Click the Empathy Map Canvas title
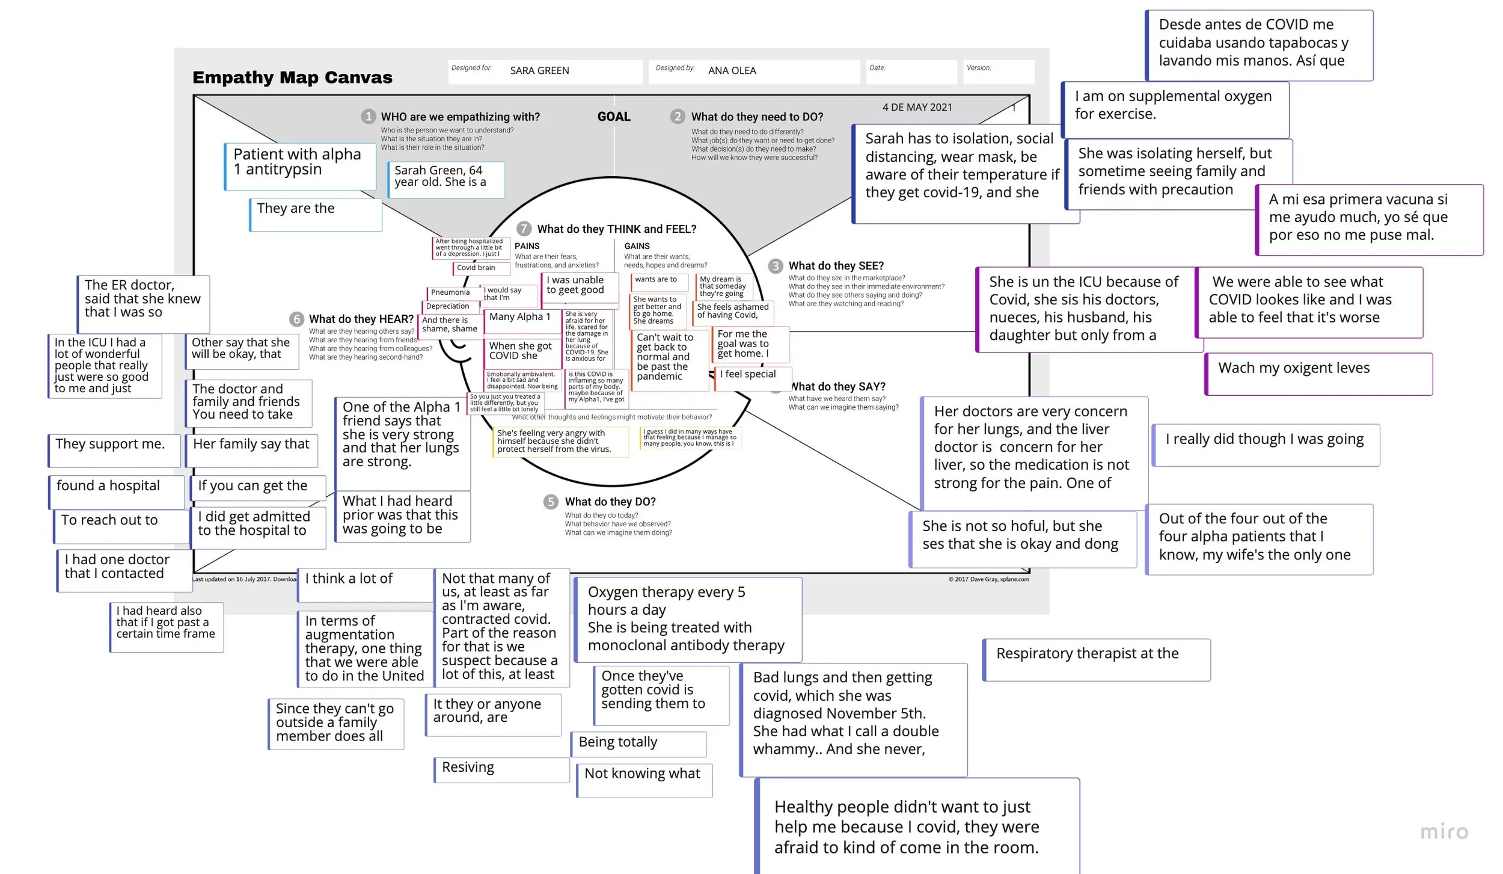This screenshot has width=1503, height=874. [x=292, y=78]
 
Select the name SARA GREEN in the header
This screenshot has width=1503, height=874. [x=539, y=70]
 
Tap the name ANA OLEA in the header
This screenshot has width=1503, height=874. [x=732, y=70]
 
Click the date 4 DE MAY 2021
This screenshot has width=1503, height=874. [x=917, y=107]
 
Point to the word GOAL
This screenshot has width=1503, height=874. [x=614, y=117]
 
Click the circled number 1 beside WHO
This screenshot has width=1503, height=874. [x=369, y=116]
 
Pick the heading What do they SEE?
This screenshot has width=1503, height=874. [x=836, y=266]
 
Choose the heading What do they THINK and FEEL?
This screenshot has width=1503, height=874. [x=616, y=229]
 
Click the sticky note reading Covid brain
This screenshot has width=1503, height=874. [x=476, y=268]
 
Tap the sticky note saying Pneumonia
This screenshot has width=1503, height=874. [x=450, y=292]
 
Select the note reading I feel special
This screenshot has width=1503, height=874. [x=748, y=374]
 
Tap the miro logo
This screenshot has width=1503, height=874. [x=1443, y=832]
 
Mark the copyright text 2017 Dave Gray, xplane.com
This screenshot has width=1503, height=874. [x=988, y=579]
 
